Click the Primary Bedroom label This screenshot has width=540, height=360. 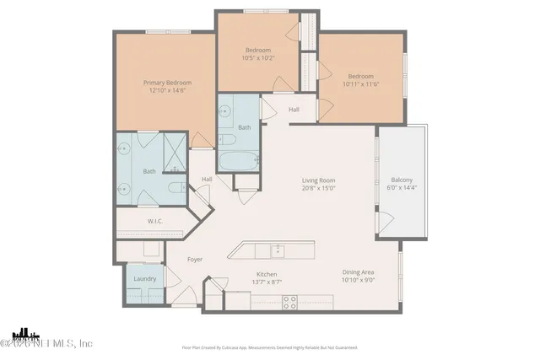click(167, 83)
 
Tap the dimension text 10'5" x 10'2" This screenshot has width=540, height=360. click(257, 59)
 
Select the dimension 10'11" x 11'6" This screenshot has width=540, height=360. click(361, 84)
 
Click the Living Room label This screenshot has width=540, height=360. click(320, 180)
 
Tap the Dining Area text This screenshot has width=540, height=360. click(358, 271)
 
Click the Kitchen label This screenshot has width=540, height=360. click(267, 275)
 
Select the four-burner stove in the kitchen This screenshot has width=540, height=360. click(289, 301)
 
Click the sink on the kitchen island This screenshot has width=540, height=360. click(276, 250)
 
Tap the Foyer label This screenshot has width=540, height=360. click(194, 259)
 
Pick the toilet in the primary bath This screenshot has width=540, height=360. click(175, 188)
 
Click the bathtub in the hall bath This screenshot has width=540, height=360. click(238, 160)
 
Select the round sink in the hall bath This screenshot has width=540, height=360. click(226, 110)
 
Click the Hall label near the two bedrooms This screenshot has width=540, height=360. click(294, 110)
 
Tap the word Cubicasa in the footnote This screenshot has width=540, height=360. click(239, 347)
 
